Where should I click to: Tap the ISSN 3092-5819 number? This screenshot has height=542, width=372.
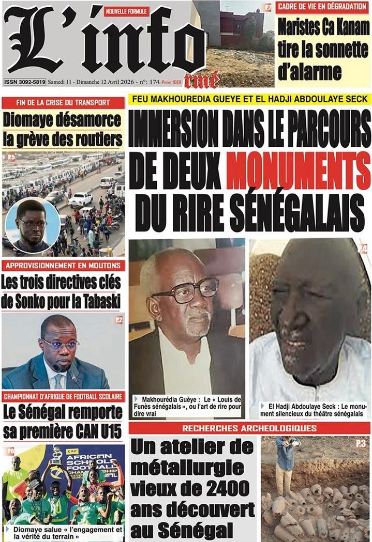pos(25,82)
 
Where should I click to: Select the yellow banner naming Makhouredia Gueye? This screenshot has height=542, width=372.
pos(250,99)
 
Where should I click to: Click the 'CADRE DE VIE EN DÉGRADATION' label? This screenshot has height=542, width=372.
pos(322,7)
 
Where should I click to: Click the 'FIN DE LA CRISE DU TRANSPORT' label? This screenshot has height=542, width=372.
pos(63,102)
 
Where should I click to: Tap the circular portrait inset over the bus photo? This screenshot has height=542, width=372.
pos(32,226)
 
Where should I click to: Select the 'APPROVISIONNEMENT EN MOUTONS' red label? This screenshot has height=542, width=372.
pos(63,266)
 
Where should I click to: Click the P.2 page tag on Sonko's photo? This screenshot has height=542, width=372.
pos(119,320)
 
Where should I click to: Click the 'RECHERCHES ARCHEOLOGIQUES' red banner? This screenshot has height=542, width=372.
pos(249,428)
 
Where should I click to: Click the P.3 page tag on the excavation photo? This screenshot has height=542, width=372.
pos(361,443)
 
